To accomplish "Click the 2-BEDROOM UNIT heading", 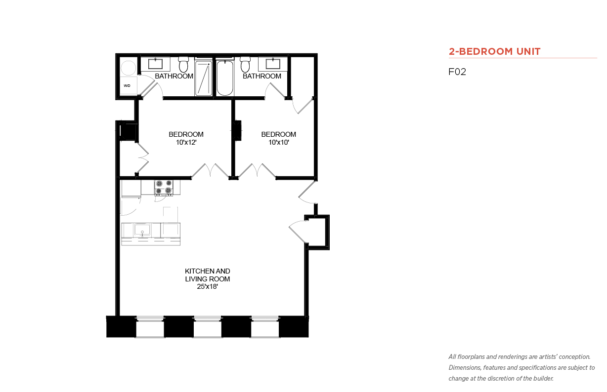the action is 494,51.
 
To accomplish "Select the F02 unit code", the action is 457,72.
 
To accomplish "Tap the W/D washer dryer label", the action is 127,86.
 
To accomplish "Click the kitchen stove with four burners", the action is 164,187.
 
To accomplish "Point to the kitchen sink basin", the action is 142,230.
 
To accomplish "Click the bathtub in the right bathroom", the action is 224,78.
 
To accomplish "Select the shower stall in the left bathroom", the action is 203,78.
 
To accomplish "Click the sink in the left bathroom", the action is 155,64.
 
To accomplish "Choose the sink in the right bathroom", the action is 273,64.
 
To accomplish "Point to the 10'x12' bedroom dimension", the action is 186,142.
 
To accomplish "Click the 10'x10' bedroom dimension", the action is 279,142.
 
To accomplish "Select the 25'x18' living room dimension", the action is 208,287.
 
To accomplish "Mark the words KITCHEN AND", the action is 208,271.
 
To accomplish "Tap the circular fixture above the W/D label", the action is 128,68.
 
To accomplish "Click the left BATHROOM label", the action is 174,76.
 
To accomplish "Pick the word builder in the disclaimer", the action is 543,378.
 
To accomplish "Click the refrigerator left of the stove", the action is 131,188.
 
